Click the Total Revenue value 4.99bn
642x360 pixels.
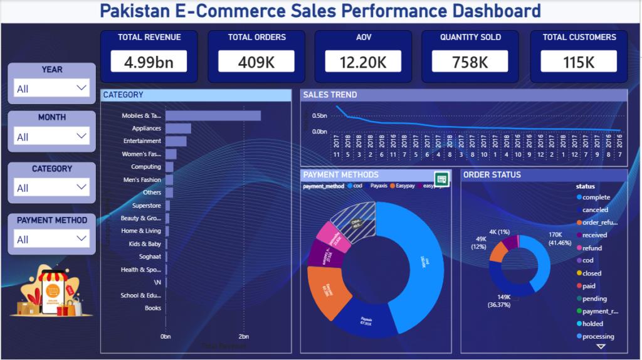pyautogui.click(x=149, y=61)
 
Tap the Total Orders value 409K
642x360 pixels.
pyautogui.click(x=256, y=61)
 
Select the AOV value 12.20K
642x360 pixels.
pyautogui.click(x=362, y=61)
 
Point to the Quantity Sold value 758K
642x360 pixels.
pyautogui.click(x=470, y=61)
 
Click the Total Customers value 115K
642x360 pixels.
pyautogui.click(x=579, y=61)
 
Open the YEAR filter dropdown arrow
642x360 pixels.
pyautogui.click(x=82, y=88)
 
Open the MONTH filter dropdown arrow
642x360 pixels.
pyautogui.click(x=82, y=136)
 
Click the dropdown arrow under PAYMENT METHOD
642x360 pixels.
pyautogui.click(x=82, y=238)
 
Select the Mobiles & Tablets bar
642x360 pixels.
pyautogui.click(x=213, y=115)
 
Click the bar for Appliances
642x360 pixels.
pyautogui.click(x=178, y=129)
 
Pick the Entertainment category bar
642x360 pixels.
pyautogui.click(x=176, y=141)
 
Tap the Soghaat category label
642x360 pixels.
pyautogui.click(x=150, y=257)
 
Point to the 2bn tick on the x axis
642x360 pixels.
pyautogui.click(x=243, y=336)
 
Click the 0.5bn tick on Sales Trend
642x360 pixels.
pyautogui.click(x=319, y=116)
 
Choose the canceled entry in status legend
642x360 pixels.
pyautogui.click(x=595, y=210)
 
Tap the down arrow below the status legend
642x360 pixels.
pyautogui.click(x=601, y=346)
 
